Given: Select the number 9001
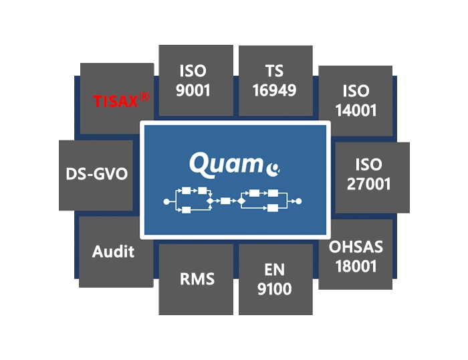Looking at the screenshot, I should click(193, 89).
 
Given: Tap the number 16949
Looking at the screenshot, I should click(274, 89).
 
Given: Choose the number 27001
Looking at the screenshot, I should click(369, 183).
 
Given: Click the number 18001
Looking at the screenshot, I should click(356, 266).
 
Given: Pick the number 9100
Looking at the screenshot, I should click(274, 290).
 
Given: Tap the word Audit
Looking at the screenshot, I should click(114, 252).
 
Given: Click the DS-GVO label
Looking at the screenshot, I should click(97, 175).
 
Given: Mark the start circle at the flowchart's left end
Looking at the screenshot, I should click(166, 201).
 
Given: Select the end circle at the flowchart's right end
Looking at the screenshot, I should click(299, 201).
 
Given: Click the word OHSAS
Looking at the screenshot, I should click(356, 247).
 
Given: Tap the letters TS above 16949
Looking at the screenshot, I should click(274, 71).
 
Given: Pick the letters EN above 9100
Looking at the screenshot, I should click(274, 270).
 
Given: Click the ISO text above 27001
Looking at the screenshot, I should click(369, 165).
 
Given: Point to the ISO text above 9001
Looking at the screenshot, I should click(193, 71).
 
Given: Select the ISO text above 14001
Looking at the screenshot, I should click(356, 90).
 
